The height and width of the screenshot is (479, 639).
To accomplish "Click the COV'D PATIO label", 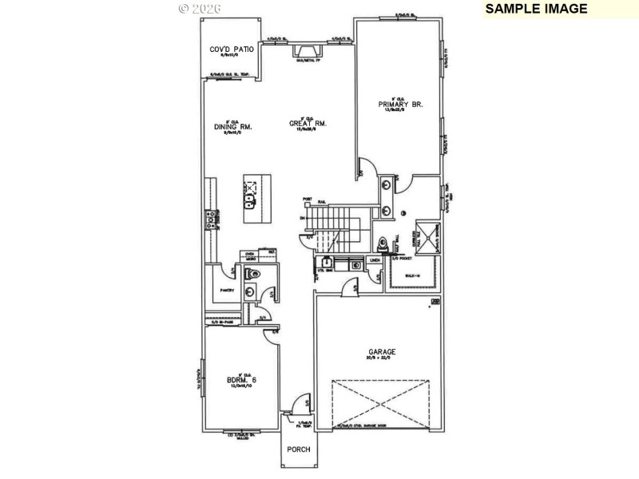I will (232, 49).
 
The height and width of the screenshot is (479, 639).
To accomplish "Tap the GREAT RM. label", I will (308, 124).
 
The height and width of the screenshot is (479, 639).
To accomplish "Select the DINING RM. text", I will (233, 126).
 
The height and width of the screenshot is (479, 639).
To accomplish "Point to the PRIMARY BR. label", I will (400, 105).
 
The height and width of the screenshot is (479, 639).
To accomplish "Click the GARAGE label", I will (382, 351).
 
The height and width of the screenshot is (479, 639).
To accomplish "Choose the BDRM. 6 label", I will (240, 380).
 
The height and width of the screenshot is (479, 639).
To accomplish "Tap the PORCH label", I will (299, 460).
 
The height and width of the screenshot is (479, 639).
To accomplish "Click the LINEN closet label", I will (375, 260).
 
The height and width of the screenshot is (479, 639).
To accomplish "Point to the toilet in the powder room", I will (254, 275).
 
